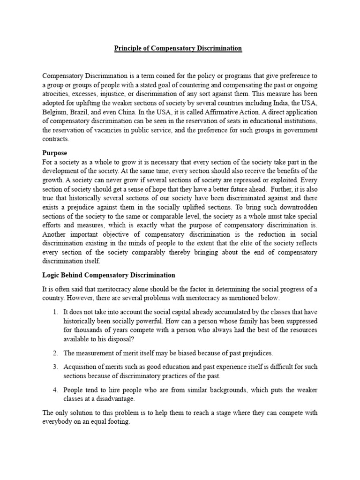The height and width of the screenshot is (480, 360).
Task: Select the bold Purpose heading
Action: click(55, 153)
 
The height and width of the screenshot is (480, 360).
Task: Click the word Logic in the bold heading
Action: click(52, 275)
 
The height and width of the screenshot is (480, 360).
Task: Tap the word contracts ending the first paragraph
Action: click(56, 139)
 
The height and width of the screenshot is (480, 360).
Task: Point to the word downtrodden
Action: click(293, 206)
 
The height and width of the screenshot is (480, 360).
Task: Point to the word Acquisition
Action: click(81, 367)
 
